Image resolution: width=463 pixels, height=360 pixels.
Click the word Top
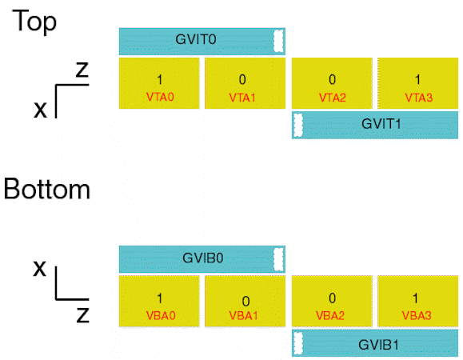click(x=34, y=22)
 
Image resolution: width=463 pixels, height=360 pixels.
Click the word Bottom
click(x=47, y=190)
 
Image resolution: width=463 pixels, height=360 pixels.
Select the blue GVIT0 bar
click(x=202, y=42)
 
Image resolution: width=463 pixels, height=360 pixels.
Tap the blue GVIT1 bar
click(x=375, y=125)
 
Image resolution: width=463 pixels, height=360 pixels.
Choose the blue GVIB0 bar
click(x=202, y=259)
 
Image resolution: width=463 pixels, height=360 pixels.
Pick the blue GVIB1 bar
click(x=375, y=343)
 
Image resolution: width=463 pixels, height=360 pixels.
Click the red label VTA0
click(x=160, y=97)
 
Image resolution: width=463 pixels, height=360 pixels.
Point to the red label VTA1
click(x=242, y=98)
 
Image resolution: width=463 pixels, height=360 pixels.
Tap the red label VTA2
click(x=333, y=98)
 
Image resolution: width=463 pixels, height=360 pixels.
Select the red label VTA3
click(x=419, y=98)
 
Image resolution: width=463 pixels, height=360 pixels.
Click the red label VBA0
click(x=161, y=316)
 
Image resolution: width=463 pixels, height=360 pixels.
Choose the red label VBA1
click(x=243, y=316)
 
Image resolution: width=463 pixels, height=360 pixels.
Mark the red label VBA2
click(x=330, y=316)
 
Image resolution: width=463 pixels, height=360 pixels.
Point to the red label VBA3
click(x=417, y=316)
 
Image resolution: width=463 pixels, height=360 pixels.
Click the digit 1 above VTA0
click(x=159, y=80)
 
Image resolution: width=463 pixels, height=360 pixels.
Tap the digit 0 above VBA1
click(x=245, y=302)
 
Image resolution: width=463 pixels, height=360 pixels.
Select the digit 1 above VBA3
click(x=416, y=298)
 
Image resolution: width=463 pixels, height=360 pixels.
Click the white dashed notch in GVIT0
click(x=278, y=41)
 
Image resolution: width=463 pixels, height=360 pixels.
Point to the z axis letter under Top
click(x=82, y=70)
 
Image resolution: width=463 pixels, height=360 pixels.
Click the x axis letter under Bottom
click(x=40, y=268)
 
